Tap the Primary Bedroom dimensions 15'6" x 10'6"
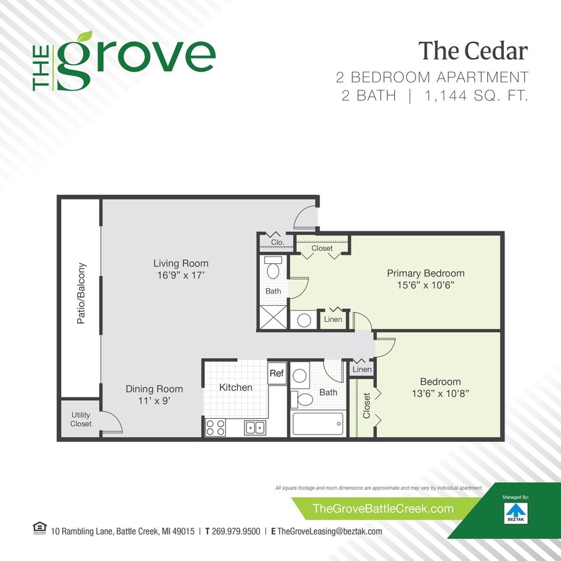coord(425,285)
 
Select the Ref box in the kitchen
coord(277,374)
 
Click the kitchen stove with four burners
coord(215,427)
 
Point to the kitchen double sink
coord(255,427)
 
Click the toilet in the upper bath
coord(273,269)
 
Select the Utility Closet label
coord(81,419)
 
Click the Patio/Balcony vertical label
coord(81,293)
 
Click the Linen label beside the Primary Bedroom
coord(333,320)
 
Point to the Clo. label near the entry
coord(277,243)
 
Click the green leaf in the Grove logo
coord(84,37)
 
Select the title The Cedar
coord(473,50)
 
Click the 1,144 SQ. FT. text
coord(476,96)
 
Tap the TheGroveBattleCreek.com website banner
coord(383,509)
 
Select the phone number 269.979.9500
coord(235,532)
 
